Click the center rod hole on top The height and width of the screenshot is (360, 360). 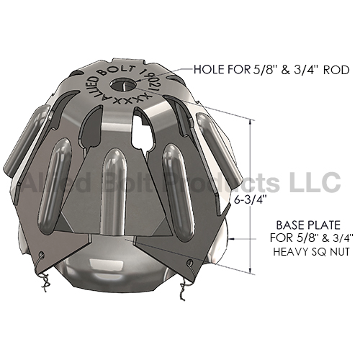click(123, 84)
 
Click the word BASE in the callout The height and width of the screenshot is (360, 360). click(290, 225)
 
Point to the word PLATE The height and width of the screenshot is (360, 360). click(324, 225)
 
